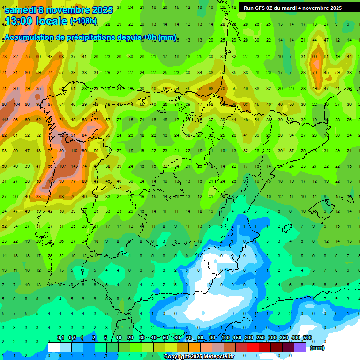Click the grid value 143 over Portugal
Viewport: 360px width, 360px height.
coord(74,166)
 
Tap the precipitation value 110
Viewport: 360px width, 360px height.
coord(74,151)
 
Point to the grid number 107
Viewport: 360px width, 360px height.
coord(63,166)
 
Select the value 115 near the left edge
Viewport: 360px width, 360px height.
coord(5,120)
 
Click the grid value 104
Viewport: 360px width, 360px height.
coord(17,105)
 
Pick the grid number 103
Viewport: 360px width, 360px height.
coord(51,181)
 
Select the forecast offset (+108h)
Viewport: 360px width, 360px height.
coord(83,21)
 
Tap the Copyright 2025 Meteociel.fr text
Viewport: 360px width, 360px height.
coord(199,356)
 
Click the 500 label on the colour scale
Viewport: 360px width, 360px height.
coord(307,337)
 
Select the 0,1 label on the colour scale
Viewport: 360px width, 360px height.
coord(60,337)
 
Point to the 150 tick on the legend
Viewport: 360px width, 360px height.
coord(237,337)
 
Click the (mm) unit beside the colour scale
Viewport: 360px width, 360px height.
coord(318,348)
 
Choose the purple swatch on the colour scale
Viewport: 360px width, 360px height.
coord(300,347)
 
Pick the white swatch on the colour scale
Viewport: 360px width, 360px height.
coord(54,347)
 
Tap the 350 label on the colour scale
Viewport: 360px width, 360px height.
coord(284,337)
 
